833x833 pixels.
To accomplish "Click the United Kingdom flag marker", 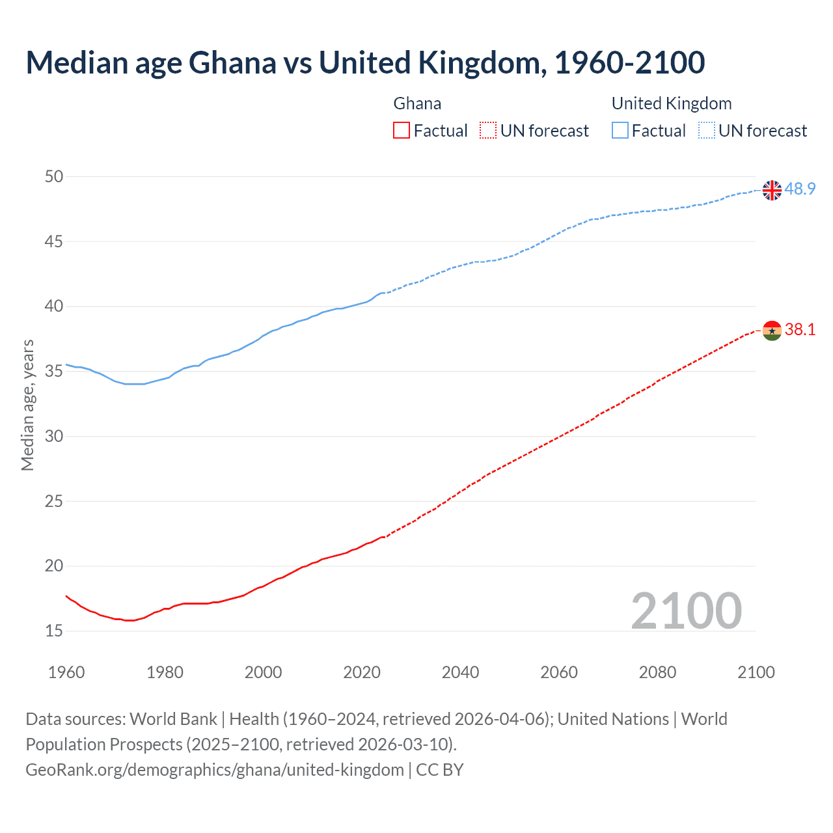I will (x=772, y=190).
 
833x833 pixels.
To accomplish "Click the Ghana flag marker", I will (x=772, y=331).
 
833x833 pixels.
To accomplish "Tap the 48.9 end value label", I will (x=800, y=189).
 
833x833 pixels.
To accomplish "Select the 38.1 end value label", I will (x=800, y=329).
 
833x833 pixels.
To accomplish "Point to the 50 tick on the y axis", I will (x=54, y=176).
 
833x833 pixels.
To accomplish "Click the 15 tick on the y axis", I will (x=54, y=631).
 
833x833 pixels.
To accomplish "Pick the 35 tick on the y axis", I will (x=54, y=371).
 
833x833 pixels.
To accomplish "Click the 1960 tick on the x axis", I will (x=66, y=672).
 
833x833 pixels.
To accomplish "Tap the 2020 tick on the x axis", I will (x=362, y=672).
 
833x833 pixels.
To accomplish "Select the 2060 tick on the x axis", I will (x=559, y=672).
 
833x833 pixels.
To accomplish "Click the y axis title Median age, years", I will (x=27, y=405).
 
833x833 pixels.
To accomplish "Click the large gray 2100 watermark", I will (x=686, y=610).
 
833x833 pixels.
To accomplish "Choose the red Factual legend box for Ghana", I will (x=402, y=131).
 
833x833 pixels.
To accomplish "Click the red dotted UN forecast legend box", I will (x=488, y=131).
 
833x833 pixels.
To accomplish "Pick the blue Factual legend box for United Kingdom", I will (x=620, y=131).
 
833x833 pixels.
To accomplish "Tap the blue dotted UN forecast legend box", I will (x=706, y=131).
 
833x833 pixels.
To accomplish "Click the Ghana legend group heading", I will (x=417, y=103).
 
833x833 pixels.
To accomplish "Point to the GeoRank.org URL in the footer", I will (x=215, y=770).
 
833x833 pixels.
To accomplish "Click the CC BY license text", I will (x=440, y=770).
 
